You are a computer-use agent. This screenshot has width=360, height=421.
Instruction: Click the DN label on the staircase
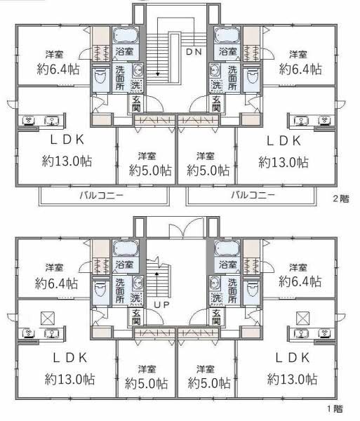[x=194, y=51]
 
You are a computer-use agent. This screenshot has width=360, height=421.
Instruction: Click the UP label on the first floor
[x=161, y=305]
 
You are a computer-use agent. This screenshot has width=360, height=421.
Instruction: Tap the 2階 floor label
[x=341, y=199]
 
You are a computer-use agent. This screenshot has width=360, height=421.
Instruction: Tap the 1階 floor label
[x=335, y=409]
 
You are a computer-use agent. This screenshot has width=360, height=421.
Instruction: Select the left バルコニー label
[x=102, y=195]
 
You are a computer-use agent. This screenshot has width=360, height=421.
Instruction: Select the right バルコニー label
[x=253, y=194]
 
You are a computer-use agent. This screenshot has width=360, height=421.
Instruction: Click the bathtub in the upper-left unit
[x=126, y=36]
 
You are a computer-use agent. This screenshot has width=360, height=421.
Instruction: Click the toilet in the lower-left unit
[x=100, y=289]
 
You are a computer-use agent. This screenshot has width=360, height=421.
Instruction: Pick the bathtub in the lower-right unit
[x=227, y=248]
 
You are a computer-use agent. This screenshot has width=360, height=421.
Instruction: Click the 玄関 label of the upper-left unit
[x=136, y=104]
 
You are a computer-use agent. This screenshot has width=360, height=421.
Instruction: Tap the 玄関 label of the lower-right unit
[x=216, y=317]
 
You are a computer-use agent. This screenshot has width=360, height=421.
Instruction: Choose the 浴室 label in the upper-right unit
[x=227, y=51]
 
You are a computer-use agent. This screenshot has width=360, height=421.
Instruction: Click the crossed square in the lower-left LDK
[x=48, y=318]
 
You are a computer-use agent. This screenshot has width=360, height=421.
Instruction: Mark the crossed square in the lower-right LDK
[x=302, y=318]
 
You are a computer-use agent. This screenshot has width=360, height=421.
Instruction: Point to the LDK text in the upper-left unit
[x=67, y=140]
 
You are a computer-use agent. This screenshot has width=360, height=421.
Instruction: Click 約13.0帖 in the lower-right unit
[x=292, y=379]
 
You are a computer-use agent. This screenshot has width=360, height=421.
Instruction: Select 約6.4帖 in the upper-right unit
[x=300, y=69]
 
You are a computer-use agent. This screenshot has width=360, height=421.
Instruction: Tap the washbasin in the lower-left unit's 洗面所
[x=137, y=283]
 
